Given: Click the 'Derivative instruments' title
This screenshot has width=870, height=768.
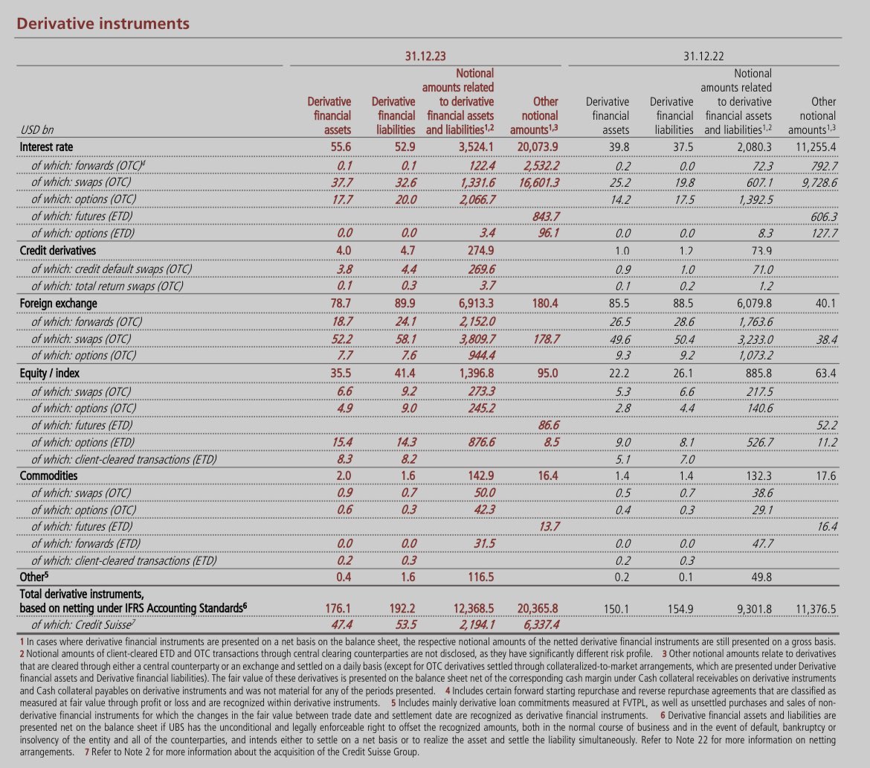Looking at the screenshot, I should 103,24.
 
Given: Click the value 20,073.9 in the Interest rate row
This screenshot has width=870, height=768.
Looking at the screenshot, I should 535,147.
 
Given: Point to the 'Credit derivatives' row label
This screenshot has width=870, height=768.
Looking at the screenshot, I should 62,251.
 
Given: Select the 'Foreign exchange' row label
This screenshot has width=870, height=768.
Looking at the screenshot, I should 59,304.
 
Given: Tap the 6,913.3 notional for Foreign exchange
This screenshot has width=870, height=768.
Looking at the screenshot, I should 471,304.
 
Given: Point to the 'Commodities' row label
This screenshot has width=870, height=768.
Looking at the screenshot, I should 49,476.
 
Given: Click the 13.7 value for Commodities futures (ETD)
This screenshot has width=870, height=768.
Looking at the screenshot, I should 547,527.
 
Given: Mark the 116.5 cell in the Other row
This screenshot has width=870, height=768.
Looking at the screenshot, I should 477,577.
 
